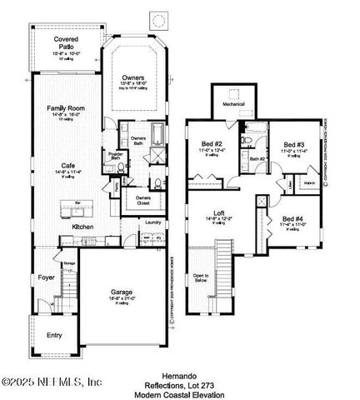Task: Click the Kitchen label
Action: click(82, 227)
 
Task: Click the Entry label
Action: click(54, 335)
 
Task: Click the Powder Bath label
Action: click(116, 156)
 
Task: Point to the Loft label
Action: click(218, 213)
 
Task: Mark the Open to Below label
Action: click(201, 278)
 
